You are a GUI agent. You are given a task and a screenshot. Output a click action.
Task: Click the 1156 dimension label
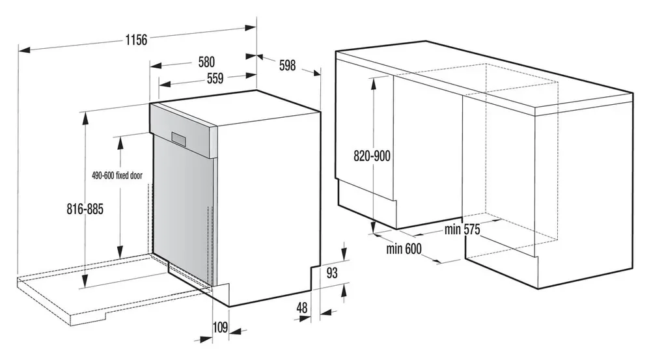coord(136,40)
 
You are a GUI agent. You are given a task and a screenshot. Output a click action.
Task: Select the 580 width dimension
coord(206,62)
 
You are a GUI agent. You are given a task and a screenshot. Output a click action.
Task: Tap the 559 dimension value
coord(215,78)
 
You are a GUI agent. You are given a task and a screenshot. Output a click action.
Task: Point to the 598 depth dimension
coord(287,65)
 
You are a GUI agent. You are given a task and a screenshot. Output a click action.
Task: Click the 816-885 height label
coord(85,209)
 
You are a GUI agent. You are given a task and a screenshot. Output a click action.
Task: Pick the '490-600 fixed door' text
coord(117,176)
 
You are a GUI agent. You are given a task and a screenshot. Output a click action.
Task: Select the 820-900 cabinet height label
coord(372,156)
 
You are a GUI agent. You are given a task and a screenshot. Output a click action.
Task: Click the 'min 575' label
coord(462,229)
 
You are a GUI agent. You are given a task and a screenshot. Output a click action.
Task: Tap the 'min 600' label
coord(404,249)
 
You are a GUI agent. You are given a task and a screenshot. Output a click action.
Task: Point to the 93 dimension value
coord(332,273)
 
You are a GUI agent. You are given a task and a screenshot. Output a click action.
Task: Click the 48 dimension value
coord(302,307)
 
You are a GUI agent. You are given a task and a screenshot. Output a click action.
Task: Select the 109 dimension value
coord(220,327)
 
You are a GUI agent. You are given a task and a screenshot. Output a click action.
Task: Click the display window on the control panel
coord(180,138)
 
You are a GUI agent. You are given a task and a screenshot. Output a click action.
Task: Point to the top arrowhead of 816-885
coord(85,118)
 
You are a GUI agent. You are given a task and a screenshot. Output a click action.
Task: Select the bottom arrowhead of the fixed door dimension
coord(120,252)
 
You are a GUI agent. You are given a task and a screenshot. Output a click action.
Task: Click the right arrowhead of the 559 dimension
coord(251,76)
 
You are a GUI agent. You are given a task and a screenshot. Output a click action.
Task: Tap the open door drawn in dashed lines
coord(112,290)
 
